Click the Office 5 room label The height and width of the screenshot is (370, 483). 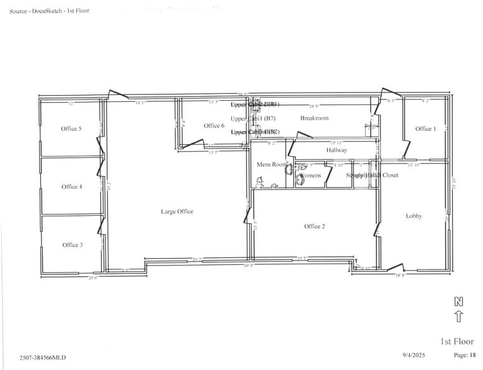[x=71, y=129]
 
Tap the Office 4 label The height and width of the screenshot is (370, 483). [x=71, y=187]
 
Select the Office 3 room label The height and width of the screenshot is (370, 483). [x=72, y=245]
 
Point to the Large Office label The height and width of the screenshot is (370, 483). [x=177, y=212]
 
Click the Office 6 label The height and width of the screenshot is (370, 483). [x=214, y=126]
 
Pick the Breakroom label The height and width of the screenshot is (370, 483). [x=314, y=118]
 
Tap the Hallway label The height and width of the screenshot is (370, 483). [x=337, y=150]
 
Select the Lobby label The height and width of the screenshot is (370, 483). [x=414, y=216]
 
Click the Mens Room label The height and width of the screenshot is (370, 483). [x=271, y=165]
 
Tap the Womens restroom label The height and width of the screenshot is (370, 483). [x=310, y=176]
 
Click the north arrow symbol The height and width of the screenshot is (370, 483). [x=458, y=310]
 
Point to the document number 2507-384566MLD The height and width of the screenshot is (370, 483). [x=42, y=357]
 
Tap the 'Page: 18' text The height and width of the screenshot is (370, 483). [x=460, y=356]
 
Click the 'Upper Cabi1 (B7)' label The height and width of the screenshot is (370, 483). [x=253, y=118]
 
